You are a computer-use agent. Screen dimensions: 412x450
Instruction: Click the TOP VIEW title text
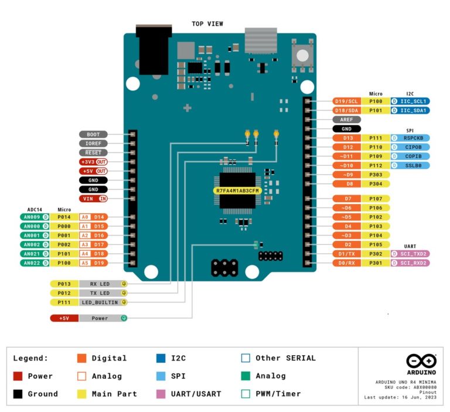[207, 23]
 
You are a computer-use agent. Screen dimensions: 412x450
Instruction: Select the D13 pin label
[348, 138]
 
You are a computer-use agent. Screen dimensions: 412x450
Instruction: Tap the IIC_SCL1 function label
[412, 101]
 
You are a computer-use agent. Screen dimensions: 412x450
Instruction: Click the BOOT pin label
[93, 134]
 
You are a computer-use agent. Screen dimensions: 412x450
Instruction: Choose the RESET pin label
[93, 152]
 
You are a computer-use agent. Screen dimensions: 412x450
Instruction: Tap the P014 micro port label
[64, 217]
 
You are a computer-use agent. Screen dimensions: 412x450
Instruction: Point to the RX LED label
[100, 284]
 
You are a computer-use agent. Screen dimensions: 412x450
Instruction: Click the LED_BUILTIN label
[100, 302]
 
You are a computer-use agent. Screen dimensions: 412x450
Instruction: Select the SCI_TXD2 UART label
[412, 254]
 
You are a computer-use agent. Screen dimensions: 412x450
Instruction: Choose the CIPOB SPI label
[412, 147]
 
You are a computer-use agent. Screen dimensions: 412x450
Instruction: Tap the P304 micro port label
[376, 183]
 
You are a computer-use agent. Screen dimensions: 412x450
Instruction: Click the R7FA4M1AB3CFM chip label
[237, 191]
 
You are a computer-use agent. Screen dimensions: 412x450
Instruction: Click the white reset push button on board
[302, 56]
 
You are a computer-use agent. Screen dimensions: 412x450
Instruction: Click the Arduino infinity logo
[421, 360]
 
